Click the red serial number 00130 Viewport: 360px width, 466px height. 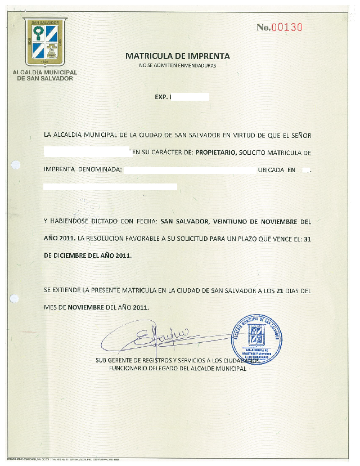click(287, 27)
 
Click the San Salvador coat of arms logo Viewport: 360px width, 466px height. click(45, 42)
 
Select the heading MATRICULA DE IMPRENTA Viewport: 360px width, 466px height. click(178, 56)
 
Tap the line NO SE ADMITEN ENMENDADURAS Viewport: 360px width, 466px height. click(178, 66)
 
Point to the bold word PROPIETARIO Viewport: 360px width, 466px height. click(216, 153)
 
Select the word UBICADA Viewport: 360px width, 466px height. click(276, 169)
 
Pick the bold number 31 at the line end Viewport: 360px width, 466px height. click(307, 239)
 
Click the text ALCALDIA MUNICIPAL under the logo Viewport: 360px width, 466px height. click(45, 73)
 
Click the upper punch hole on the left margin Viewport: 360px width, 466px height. click(16, 165)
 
